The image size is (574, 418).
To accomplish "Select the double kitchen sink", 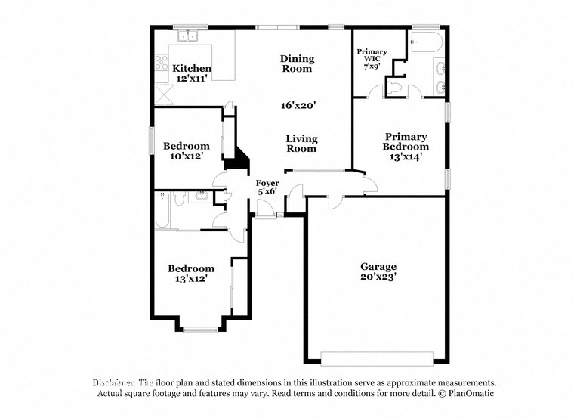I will pos(186,36).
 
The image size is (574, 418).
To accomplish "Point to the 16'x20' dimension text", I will pos(297,106).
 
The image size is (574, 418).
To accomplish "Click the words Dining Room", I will pos(297,63).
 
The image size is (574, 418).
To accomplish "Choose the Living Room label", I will pos(301,144).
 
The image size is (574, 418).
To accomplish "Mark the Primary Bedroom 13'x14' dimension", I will pos(405,157).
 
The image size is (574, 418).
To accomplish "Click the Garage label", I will pos(378,267).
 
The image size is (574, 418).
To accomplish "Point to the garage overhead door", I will pos(377,358).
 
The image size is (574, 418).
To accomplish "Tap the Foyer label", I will pos(267,183).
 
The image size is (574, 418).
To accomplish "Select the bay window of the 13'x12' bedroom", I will pos(200,329).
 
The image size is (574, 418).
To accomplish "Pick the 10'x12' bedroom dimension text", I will pos(187,156).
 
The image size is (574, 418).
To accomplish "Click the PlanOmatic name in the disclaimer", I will pos(468,394).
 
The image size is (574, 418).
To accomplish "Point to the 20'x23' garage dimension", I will pos(378,277).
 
